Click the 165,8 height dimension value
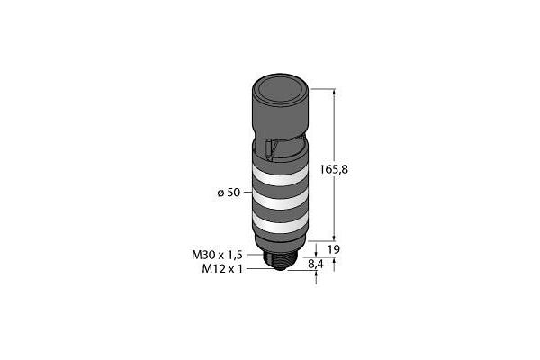click(334, 169)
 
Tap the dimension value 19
click(333, 249)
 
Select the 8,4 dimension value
click(316, 265)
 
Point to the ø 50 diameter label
click(229, 193)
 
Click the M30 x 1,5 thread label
click(217, 255)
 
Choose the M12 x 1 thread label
click(221, 269)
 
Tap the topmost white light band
click(280, 175)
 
